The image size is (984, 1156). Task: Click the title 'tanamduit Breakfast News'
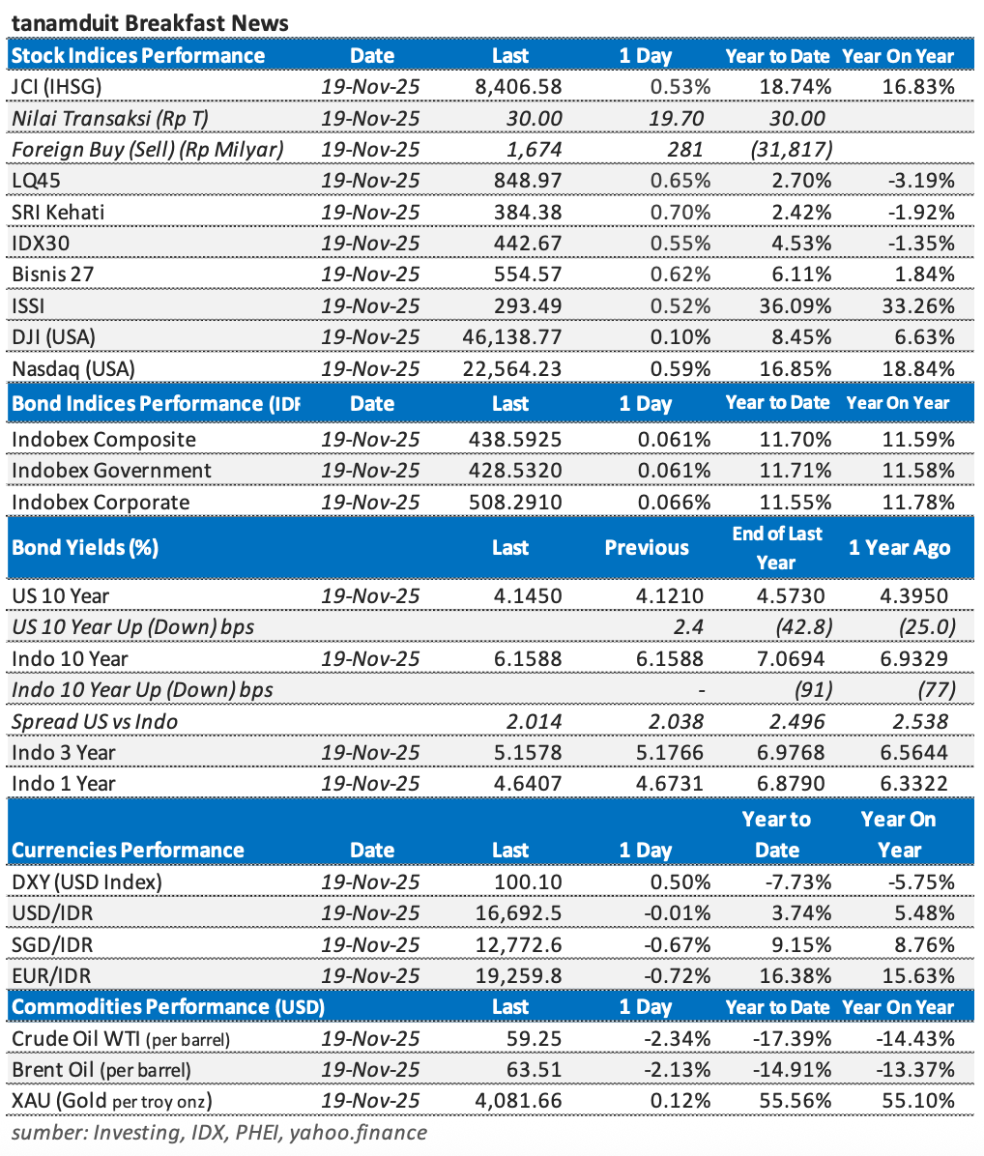click(x=150, y=22)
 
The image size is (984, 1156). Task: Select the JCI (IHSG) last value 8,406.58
click(x=518, y=87)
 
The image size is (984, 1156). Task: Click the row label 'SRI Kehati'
click(x=58, y=212)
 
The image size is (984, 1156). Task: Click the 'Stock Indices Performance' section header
click(x=138, y=56)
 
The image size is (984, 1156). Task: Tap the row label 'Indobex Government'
click(x=111, y=471)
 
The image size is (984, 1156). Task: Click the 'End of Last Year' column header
click(x=777, y=547)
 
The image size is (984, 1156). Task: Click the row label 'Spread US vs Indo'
click(x=95, y=721)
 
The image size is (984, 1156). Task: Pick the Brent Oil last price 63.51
click(x=537, y=1070)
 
